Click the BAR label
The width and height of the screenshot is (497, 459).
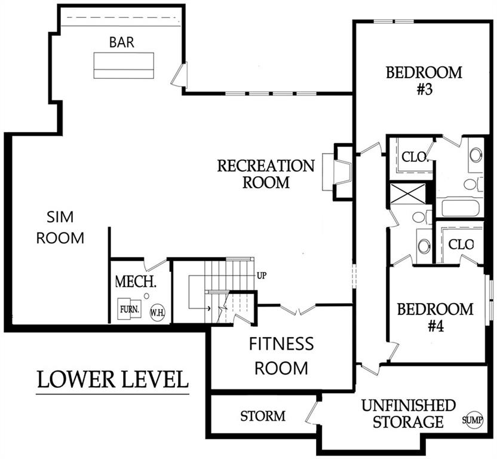pos(122,43)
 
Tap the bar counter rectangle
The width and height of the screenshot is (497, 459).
pos(124,65)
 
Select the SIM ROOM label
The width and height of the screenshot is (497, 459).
pos(60,227)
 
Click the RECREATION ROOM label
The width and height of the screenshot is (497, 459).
pos(266,173)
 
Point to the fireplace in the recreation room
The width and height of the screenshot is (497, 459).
pos(336,172)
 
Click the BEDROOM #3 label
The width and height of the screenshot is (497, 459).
pos(424,81)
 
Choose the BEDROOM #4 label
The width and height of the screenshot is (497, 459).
pos(435,318)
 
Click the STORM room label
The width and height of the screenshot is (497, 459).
pos(263,416)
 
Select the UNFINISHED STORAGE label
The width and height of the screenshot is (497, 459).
pos(409,414)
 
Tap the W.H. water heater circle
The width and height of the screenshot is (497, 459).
pos(157,312)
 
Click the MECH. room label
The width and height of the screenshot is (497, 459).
pos(136,281)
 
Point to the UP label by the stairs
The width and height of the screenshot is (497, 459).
pos(261,276)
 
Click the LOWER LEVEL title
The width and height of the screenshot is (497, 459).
pos(113,379)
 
